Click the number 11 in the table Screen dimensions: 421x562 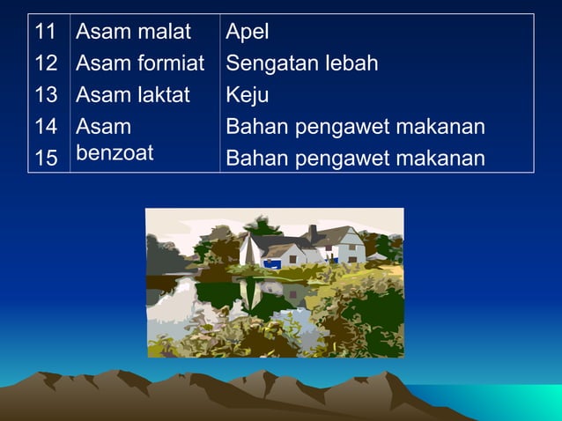(x=46, y=33)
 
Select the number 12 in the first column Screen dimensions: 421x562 (x=46, y=63)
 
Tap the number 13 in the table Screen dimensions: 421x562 (x=46, y=95)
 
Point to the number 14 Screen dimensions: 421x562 (x=46, y=127)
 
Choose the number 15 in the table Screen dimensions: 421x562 (x=46, y=159)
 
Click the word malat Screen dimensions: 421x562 (x=165, y=33)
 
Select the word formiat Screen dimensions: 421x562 (x=172, y=63)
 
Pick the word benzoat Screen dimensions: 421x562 (x=115, y=152)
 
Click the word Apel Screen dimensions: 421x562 (x=248, y=33)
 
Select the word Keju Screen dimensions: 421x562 (x=247, y=95)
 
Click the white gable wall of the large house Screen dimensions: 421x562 (x=351, y=246)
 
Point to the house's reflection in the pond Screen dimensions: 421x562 (x=255, y=291)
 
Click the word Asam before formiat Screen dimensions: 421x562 (x=104, y=63)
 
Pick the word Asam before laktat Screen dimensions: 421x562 (x=104, y=95)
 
